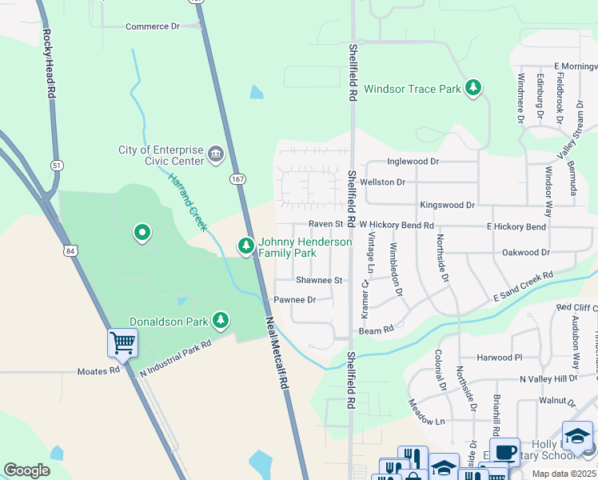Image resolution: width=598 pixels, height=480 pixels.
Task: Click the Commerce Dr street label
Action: (x=153, y=26)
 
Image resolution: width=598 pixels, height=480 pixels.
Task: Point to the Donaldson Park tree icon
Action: (x=221, y=321)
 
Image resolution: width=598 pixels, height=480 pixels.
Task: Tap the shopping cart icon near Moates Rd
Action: (x=122, y=343)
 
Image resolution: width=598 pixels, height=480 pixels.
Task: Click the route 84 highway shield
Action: (x=70, y=251)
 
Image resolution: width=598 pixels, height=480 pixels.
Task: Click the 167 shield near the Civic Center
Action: (x=237, y=178)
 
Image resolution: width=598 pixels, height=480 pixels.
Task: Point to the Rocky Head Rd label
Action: (x=49, y=63)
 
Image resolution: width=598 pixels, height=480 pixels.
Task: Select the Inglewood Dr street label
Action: (x=413, y=162)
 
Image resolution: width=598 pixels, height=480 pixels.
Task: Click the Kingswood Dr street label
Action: (x=447, y=205)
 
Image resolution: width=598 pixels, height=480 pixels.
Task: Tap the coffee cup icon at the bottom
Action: (x=504, y=451)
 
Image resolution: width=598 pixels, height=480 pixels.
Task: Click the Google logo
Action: (x=26, y=470)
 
